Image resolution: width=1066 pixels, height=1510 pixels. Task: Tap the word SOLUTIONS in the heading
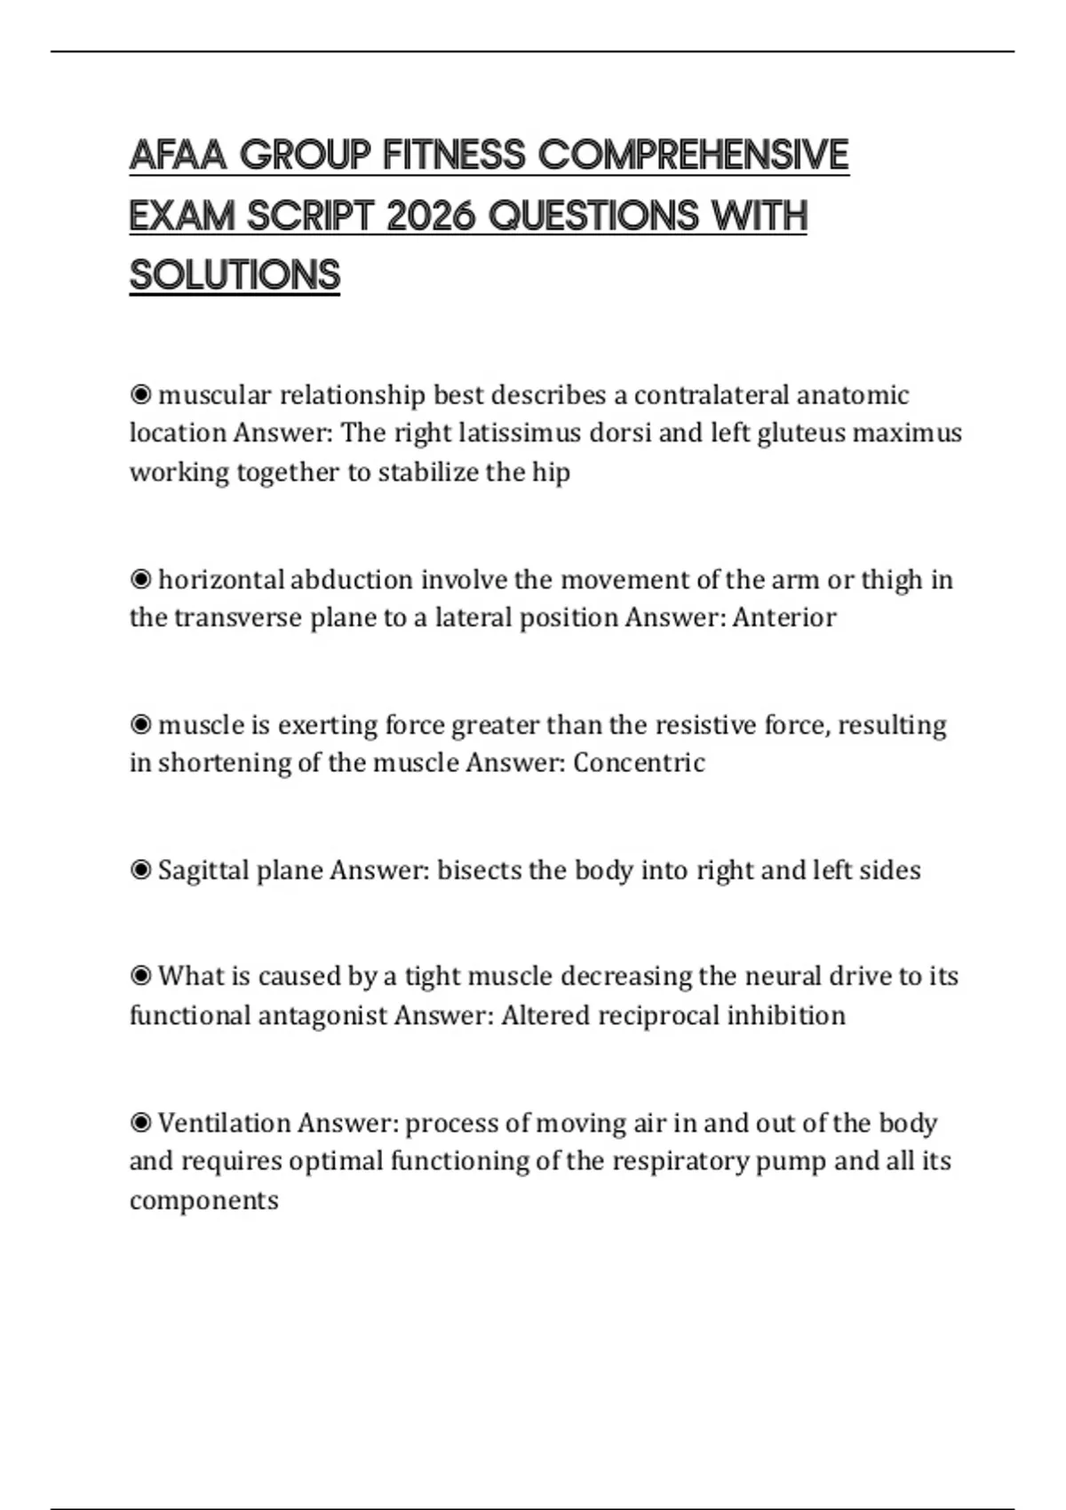pos(235,275)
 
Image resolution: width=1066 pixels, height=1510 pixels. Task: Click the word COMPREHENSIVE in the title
pos(694,155)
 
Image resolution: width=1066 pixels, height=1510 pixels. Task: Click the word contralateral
pos(711,394)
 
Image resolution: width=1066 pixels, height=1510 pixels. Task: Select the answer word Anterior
pos(784,617)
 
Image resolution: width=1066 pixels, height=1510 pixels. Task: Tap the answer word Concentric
pos(639,762)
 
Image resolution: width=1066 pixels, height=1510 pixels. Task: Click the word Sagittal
pos(203,870)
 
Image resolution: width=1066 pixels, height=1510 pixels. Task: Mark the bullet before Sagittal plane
pos(140,870)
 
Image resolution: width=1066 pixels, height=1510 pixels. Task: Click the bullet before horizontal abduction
pos(140,579)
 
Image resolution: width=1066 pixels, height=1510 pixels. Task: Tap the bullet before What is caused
pos(140,976)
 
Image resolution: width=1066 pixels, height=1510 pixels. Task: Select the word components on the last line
pos(203,1200)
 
